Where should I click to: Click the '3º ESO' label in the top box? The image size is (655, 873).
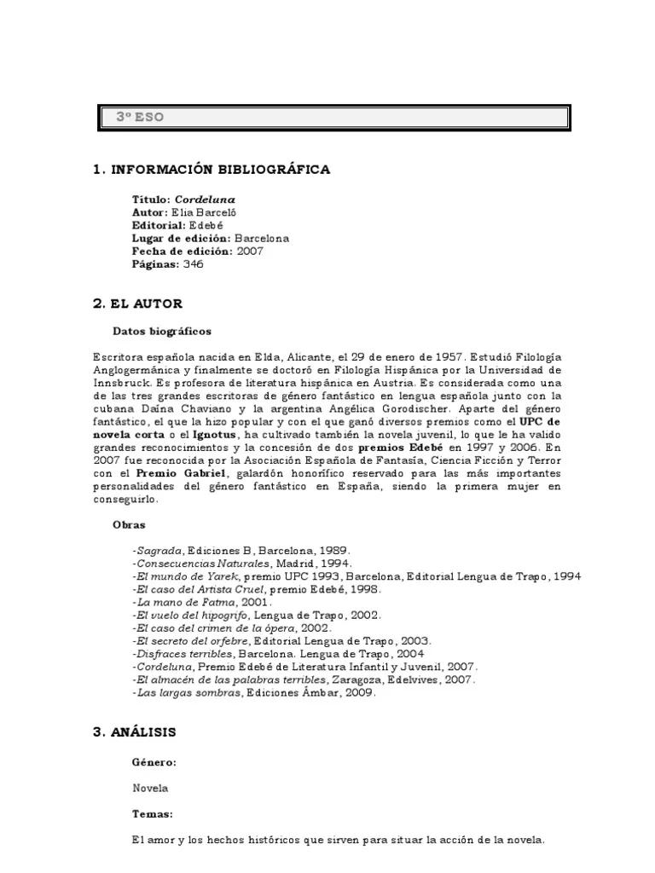point(140,118)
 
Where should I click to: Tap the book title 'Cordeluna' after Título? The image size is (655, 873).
point(205,199)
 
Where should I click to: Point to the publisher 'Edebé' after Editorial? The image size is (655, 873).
point(206,225)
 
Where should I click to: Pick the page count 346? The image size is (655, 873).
point(194,264)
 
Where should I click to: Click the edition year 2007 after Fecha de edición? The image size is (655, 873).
point(250,251)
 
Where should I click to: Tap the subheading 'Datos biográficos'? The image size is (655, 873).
point(162,331)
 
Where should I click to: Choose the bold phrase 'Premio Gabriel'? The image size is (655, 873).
point(181,473)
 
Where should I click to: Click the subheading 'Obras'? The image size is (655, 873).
point(129,525)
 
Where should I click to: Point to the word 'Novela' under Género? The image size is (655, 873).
point(150,788)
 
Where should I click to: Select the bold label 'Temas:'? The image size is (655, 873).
point(152,814)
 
